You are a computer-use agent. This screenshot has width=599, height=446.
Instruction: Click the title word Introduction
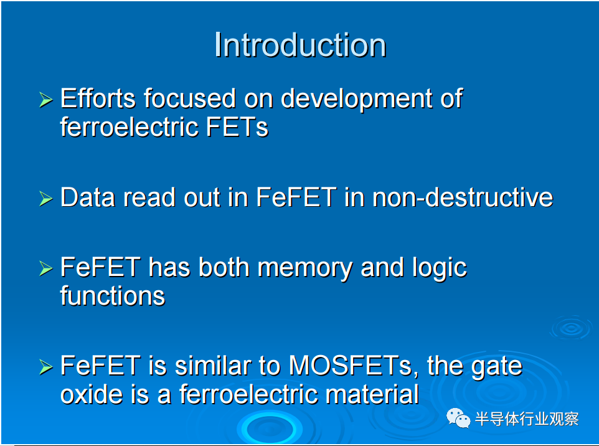(300, 45)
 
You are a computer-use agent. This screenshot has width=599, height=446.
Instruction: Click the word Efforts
(98, 98)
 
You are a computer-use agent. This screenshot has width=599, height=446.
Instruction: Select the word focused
(190, 98)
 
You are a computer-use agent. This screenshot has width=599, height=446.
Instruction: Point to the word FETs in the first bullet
(237, 127)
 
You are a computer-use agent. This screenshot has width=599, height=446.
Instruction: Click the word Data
(87, 197)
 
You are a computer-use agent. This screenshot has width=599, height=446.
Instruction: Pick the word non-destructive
(463, 197)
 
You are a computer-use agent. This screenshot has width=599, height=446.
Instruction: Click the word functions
(113, 295)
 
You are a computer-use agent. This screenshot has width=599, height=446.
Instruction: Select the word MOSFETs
(351, 366)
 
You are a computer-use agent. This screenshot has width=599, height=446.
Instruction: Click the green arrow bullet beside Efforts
(46, 100)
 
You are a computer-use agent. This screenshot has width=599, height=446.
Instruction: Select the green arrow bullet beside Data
(46, 199)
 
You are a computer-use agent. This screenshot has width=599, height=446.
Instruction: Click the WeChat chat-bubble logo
(458, 418)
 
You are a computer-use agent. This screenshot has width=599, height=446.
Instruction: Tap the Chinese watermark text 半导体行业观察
(527, 419)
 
